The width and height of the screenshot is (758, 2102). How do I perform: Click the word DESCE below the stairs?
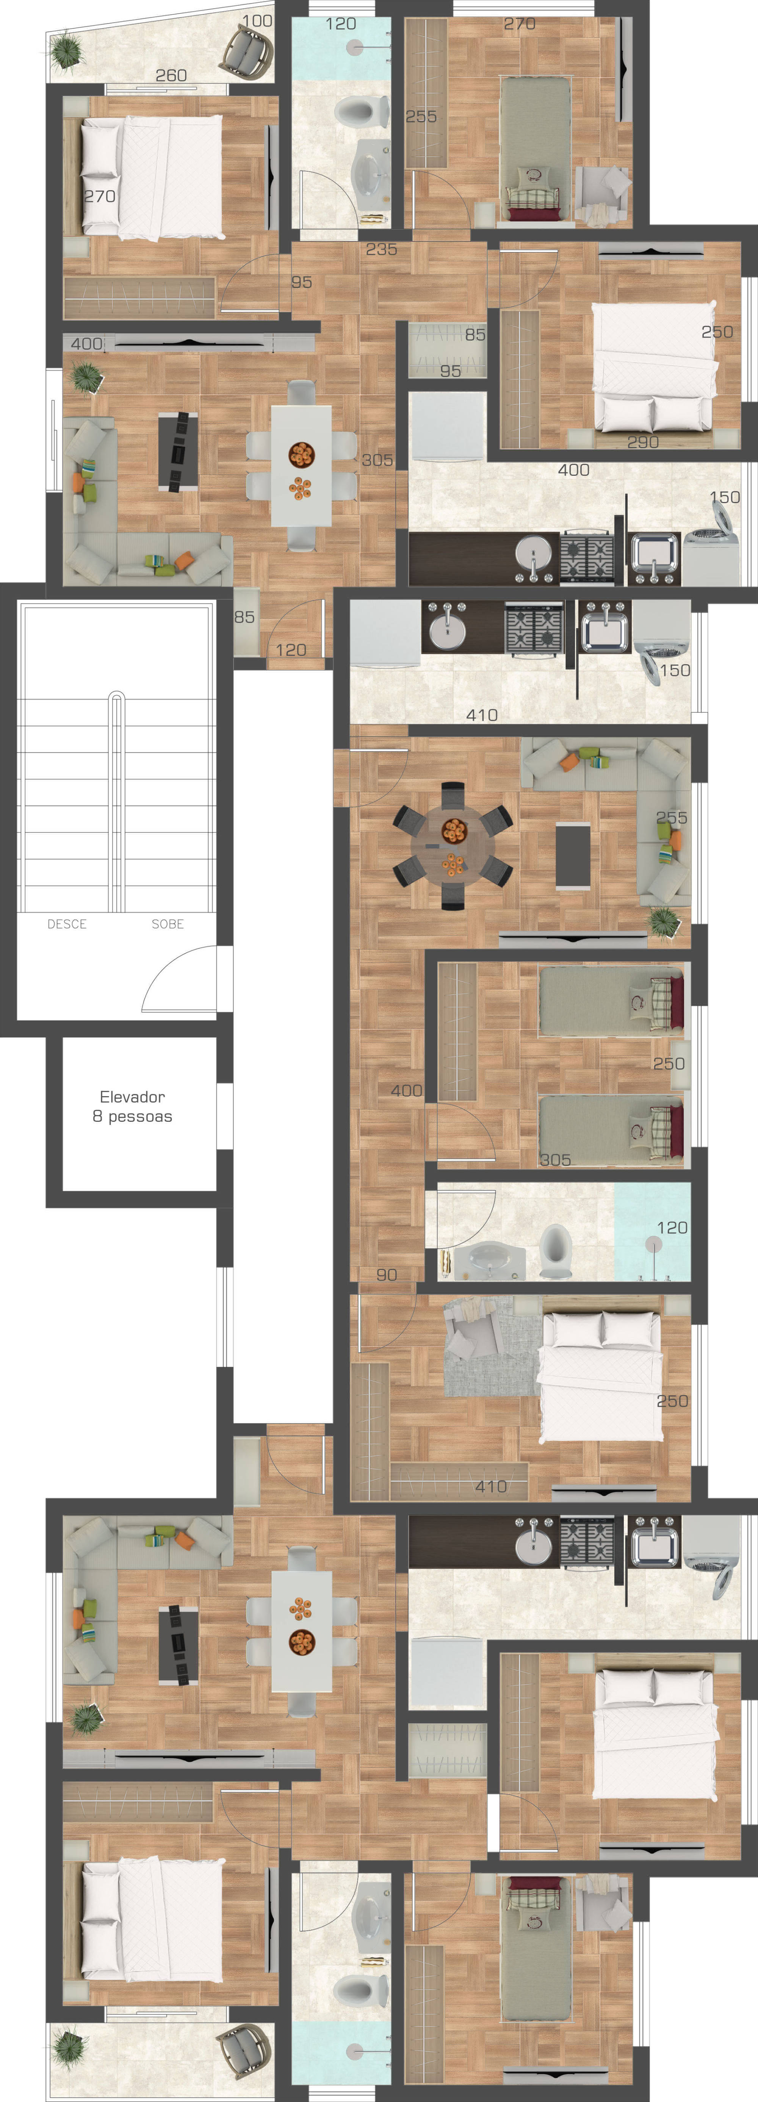pyautogui.click(x=67, y=924)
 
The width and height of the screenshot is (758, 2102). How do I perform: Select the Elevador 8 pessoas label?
pyautogui.click(x=132, y=1106)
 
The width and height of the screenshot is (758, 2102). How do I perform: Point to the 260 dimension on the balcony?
pyautogui.click(x=171, y=75)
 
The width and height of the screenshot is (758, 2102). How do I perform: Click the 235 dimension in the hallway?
pyautogui.click(x=382, y=249)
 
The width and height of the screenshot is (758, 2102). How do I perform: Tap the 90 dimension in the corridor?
pyautogui.click(x=387, y=1275)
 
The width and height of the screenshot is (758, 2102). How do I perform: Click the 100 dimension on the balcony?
pyautogui.click(x=258, y=20)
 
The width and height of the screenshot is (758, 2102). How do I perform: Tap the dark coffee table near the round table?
pyautogui.click(x=573, y=855)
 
